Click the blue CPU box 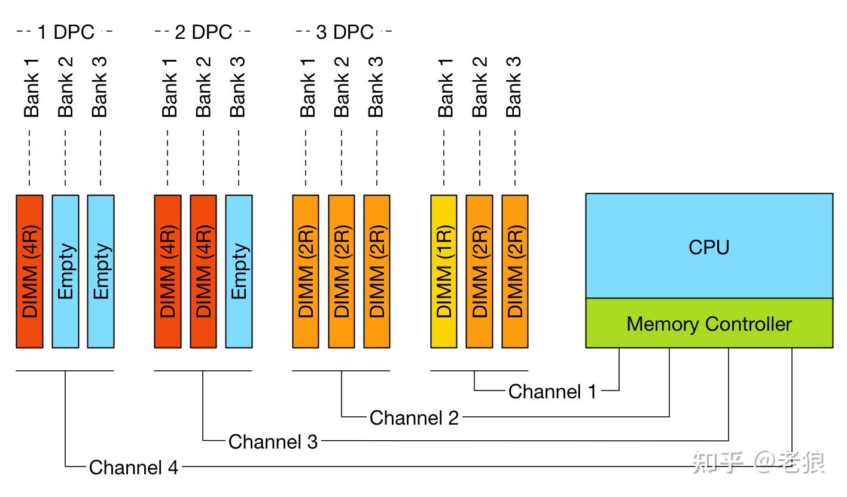709,246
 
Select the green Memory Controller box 709,323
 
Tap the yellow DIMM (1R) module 444,272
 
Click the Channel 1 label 552,391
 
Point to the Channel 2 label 414,417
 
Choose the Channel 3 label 273,441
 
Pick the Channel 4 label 133,467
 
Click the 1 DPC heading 66,32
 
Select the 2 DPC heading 203,32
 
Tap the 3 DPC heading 345,32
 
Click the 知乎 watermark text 717,462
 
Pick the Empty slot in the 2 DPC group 239,272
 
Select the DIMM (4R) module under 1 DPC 29,272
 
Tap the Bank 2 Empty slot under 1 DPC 65,272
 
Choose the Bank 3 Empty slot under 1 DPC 100,272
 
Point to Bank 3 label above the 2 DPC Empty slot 237,87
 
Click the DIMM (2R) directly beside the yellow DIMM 480,272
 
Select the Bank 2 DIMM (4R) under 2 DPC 203,272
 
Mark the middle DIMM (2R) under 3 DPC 342,272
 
